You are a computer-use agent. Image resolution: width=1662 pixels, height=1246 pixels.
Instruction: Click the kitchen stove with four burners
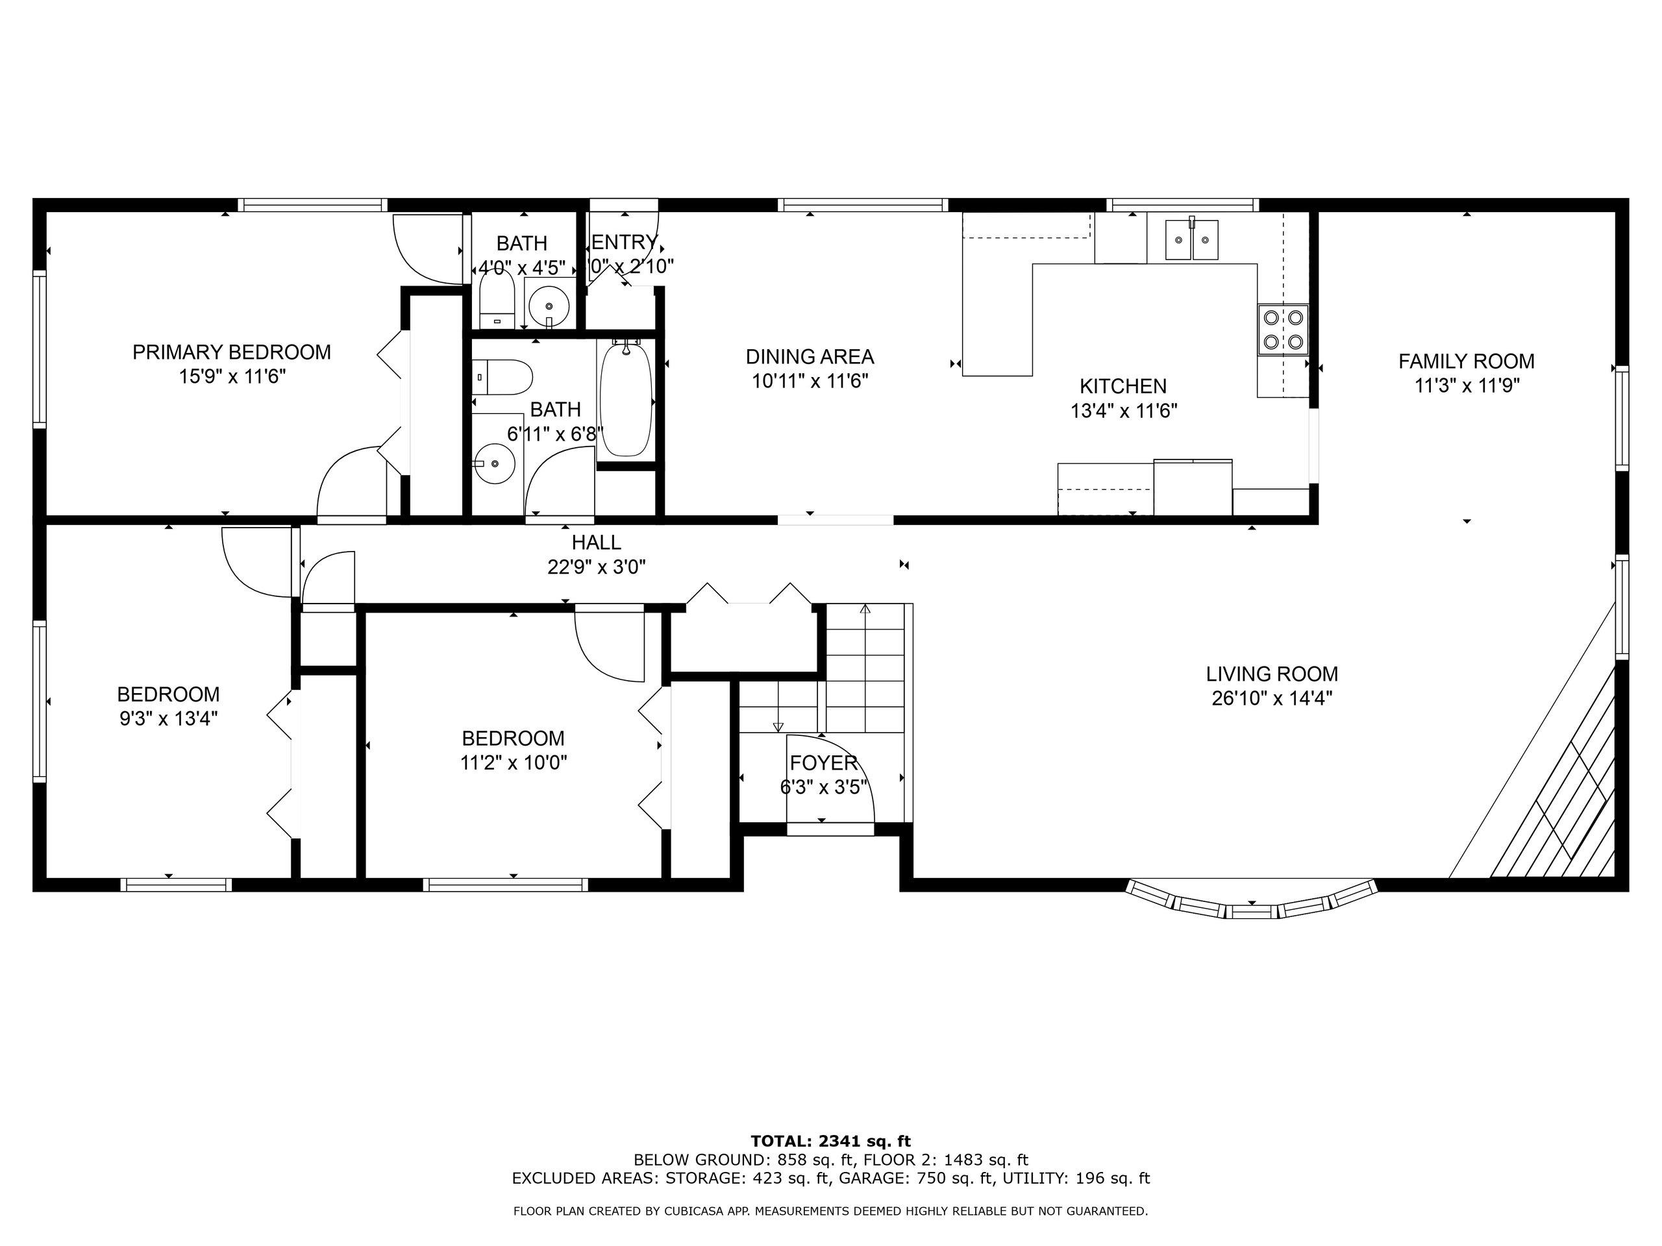coord(1284,330)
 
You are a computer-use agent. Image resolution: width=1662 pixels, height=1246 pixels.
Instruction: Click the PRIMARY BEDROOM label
coord(231,352)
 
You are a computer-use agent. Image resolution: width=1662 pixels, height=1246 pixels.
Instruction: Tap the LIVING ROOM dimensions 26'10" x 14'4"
coord(1271,698)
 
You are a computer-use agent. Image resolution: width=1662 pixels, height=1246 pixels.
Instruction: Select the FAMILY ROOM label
coord(1466,361)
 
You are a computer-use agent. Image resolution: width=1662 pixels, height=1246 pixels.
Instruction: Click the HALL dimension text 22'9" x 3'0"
coord(597,567)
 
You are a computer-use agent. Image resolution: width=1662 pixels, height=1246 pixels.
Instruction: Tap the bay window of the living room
coord(1252,903)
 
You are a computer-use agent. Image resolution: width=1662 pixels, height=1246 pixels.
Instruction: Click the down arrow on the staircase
coord(778,726)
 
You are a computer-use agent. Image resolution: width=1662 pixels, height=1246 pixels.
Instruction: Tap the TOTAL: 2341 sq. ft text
coord(830,1142)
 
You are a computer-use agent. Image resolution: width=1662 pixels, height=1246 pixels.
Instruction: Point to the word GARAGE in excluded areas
coord(873,1179)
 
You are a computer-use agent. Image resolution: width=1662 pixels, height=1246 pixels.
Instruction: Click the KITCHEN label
coord(1122,386)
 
